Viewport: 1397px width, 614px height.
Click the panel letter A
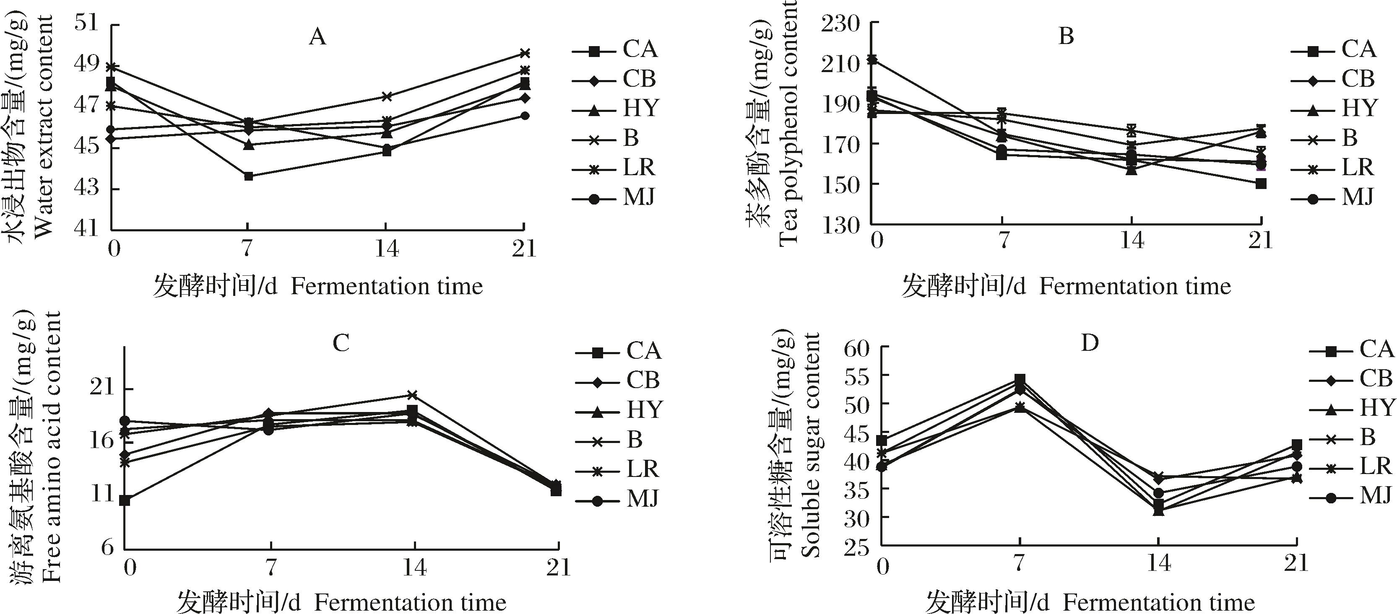317,37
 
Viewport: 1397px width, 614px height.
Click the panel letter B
1066,37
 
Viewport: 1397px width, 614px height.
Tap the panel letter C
341,343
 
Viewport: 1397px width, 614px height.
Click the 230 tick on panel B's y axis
841,24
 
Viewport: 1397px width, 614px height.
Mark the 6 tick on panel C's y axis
107,547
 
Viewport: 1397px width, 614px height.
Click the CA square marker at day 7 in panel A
248,176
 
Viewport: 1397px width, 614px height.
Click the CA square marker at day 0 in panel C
125,500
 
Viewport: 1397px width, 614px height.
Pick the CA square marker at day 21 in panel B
1261,184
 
